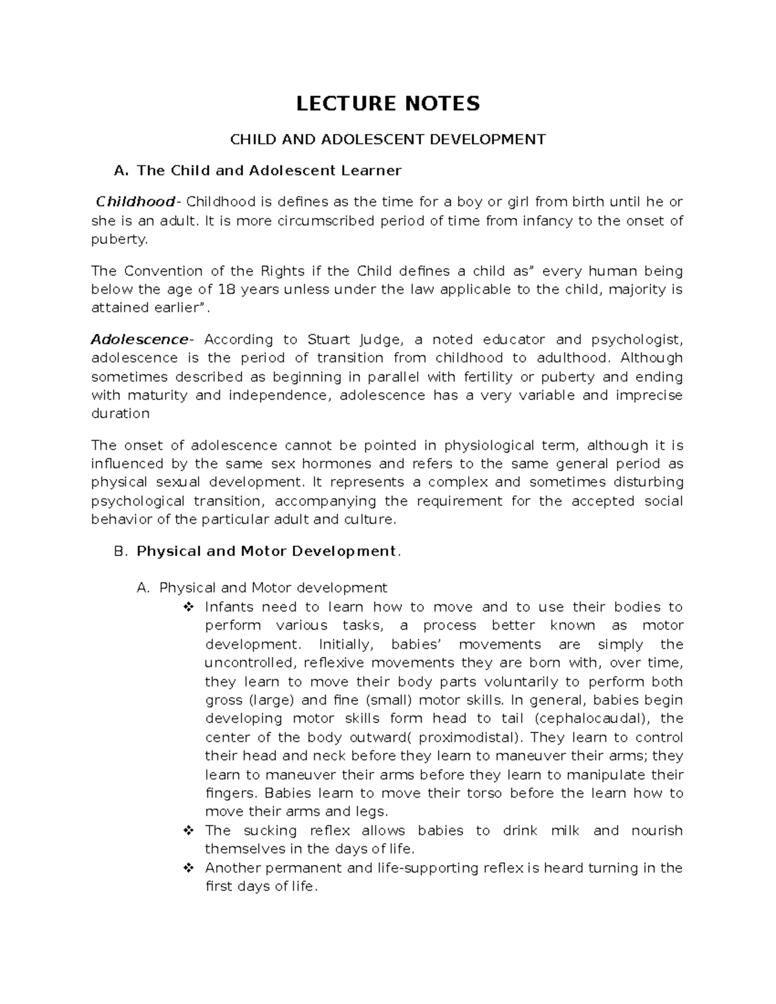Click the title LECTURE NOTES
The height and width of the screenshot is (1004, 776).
(x=388, y=103)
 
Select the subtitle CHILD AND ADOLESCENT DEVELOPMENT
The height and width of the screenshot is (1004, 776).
(x=388, y=139)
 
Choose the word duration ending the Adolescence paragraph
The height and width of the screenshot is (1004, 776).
(x=120, y=414)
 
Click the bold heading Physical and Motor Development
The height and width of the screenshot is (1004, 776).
(x=266, y=551)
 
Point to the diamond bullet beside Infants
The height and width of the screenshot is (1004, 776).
(x=189, y=607)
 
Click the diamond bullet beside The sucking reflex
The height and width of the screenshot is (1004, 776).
(x=189, y=830)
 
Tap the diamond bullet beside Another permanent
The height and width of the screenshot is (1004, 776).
(x=189, y=868)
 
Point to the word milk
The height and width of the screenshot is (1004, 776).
(x=565, y=830)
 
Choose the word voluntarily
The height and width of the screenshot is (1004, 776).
(x=512, y=681)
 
